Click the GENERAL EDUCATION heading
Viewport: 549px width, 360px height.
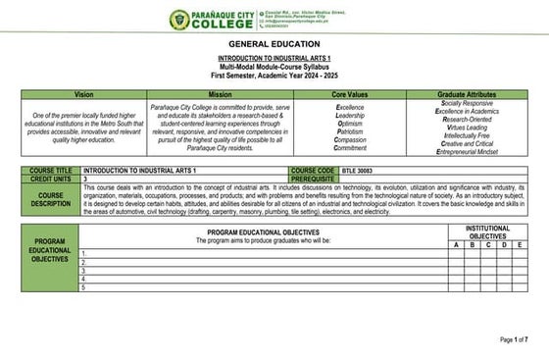coord(274,45)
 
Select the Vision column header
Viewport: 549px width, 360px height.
coord(83,93)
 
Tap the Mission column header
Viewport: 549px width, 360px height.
coord(220,93)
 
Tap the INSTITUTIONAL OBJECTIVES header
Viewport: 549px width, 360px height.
coord(487,231)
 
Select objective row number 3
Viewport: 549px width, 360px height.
coord(83,271)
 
